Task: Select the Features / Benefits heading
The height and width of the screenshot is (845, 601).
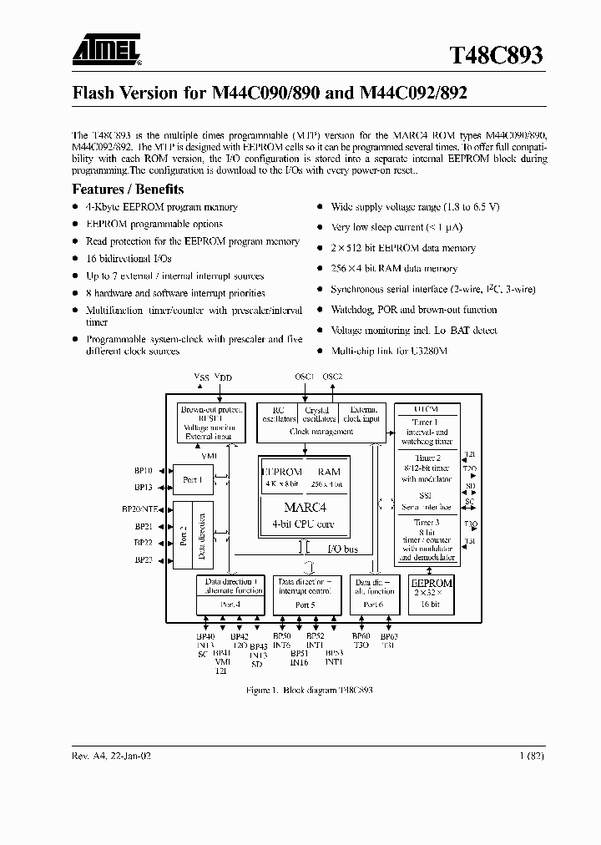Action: (x=128, y=189)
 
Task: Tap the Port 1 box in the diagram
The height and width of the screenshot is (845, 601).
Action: (x=192, y=479)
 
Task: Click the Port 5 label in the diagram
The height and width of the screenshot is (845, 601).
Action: (x=306, y=605)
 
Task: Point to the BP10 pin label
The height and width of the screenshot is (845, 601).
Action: (x=144, y=471)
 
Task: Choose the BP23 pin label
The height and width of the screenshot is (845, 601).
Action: (x=144, y=560)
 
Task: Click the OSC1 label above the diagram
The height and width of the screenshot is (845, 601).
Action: (x=305, y=377)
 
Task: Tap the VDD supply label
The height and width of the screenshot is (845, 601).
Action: (x=224, y=378)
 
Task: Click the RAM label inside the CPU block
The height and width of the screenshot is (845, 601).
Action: (x=329, y=472)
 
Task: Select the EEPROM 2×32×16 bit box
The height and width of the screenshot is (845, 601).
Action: (x=432, y=593)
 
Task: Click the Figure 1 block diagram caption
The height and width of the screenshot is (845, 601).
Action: (x=309, y=691)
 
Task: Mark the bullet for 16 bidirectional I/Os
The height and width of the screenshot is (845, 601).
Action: (x=76, y=259)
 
